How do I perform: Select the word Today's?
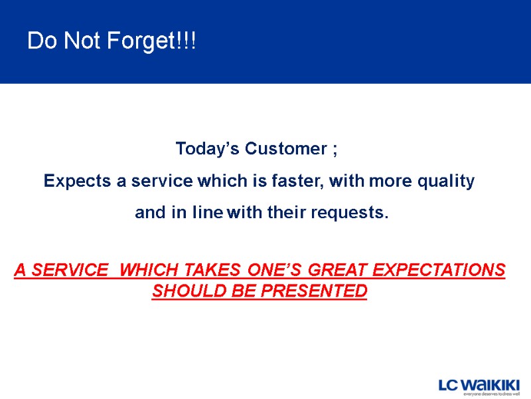(208, 149)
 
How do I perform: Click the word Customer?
(285, 149)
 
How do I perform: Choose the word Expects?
(72, 181)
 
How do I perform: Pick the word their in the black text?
(289, 213)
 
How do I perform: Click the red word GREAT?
(335, 271)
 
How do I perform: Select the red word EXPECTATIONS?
(439, 271)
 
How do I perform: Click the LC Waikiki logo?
(479, 384)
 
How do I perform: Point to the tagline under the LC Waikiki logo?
(491, 394)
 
